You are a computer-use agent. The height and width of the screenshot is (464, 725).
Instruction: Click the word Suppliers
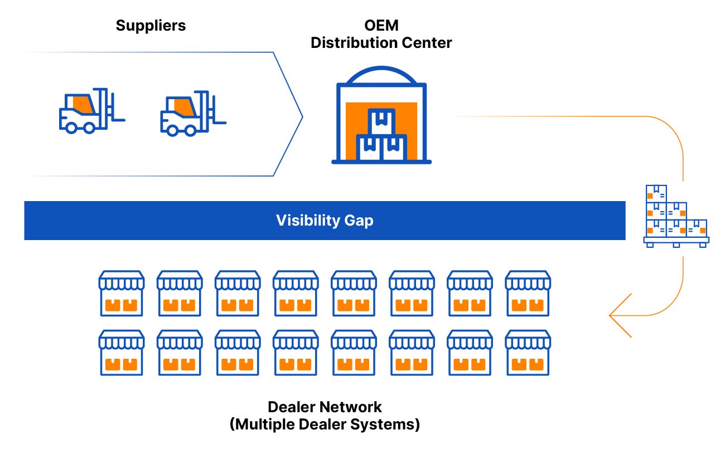tap(151, 26)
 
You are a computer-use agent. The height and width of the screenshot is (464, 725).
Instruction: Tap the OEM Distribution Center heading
tap(381, 35)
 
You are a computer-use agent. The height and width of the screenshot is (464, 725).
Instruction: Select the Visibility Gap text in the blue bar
tap(325, 221)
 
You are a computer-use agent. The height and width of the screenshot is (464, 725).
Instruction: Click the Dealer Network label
tap(325, 407)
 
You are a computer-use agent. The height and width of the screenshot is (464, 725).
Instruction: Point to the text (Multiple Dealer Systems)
tap(325, 424)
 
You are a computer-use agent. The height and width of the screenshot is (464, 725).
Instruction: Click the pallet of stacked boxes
tap(676, 216)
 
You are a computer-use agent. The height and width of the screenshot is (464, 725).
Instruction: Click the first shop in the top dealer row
tap(122, 294)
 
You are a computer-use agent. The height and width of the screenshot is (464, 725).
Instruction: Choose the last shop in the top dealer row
tap(528, 294)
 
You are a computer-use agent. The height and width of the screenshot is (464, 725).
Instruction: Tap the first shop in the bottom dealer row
tap(122, 353)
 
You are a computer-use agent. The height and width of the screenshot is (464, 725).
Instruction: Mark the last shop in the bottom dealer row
tap(528, 353)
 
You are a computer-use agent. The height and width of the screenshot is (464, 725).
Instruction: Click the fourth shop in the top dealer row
tap(296, 294)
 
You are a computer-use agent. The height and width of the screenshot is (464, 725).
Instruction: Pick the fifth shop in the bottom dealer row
tap(354, 353)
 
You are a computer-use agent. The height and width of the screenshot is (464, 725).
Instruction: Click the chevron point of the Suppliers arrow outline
tap(301, 116)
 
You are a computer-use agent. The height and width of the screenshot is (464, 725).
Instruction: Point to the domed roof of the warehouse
tap(381, 75)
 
